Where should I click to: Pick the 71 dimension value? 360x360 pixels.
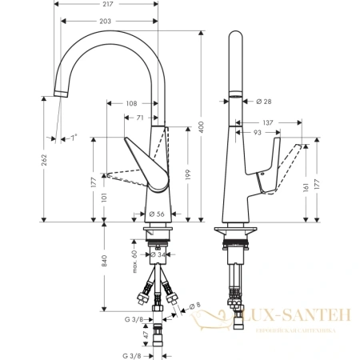pos(141,117)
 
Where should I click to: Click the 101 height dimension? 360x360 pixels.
pos(104,194)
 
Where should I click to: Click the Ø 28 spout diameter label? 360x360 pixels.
pos(264,101)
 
